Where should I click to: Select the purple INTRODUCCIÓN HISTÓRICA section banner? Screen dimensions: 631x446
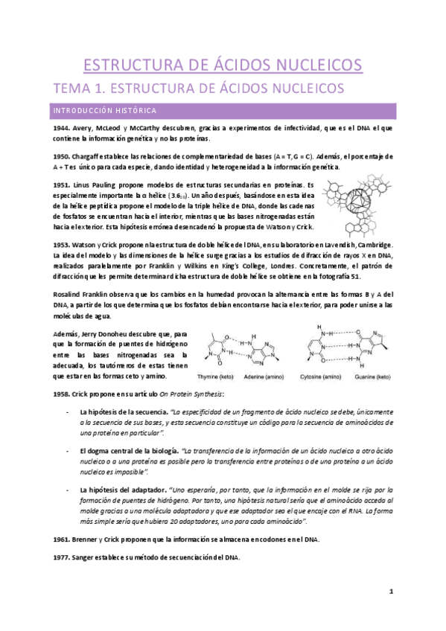click(x=223, y=110)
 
